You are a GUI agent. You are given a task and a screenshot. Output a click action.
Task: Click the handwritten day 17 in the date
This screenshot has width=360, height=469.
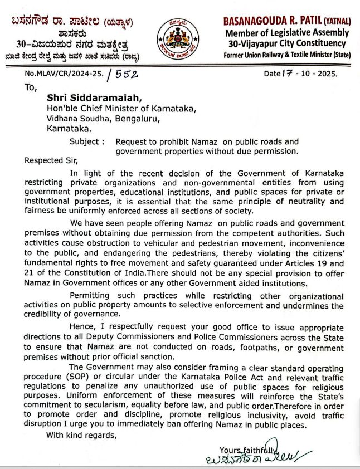click(288, 73)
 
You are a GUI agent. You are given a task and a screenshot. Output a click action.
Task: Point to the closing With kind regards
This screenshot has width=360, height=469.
click(82, 434)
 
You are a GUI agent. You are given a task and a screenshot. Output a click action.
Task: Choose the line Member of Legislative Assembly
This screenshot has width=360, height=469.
click(286, 33)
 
